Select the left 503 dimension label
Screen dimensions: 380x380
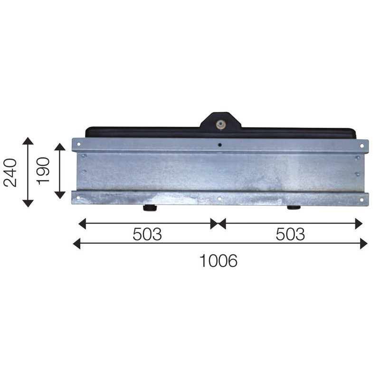[147, 234]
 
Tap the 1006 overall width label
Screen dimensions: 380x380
[218, 260]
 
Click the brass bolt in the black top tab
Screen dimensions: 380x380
[220, 125]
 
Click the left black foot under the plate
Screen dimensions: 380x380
[150, 208]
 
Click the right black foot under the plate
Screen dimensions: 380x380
[293, 208]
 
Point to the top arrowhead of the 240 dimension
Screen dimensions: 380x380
[28, 141]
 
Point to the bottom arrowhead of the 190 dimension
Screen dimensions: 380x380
[60, 195]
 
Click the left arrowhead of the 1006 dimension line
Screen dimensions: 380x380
[76, 244]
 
